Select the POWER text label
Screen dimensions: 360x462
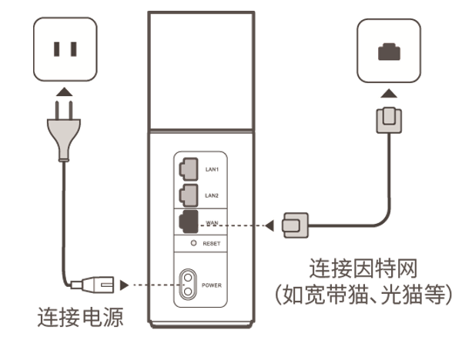pos(212,285)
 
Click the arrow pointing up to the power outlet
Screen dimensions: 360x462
pos(65,92)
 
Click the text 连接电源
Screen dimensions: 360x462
pos(80,317)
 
